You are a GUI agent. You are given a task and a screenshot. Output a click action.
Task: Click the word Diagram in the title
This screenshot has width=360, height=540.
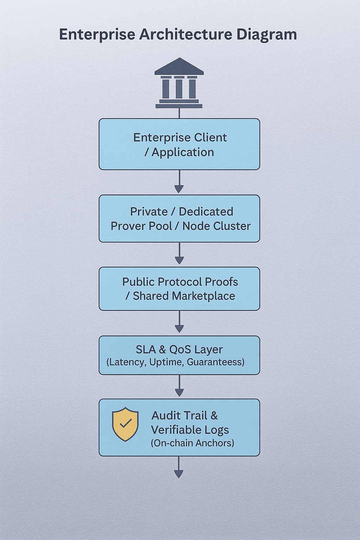click(266, 34)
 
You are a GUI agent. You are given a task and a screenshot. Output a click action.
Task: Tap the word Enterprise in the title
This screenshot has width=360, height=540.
click(97, 34)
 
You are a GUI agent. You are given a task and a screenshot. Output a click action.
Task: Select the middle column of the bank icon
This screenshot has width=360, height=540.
click(179, 88)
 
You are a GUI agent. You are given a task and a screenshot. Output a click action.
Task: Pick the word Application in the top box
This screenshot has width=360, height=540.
click(183, 152)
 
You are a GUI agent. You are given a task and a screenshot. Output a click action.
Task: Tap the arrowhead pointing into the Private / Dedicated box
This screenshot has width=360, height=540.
click(179, 189)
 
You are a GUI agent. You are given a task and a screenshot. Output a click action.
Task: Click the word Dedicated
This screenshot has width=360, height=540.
click(206, 212)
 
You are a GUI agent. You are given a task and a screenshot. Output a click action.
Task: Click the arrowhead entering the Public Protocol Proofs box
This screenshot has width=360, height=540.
click(179, 261)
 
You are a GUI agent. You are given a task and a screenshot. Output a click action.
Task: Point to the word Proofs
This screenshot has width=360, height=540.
click(221, 282)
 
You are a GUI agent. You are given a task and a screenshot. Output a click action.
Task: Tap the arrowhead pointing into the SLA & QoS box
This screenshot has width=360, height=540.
click(179, 329)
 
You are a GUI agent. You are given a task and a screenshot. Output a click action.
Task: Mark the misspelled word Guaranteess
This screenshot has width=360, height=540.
click(216, 362)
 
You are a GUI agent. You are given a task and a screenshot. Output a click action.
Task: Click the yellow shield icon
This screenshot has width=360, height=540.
click(125, 424)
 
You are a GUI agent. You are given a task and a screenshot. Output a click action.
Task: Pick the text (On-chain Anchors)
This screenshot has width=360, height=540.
click(193, 443)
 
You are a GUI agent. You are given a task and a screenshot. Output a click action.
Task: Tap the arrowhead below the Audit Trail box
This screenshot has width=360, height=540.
click(179, 474)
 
